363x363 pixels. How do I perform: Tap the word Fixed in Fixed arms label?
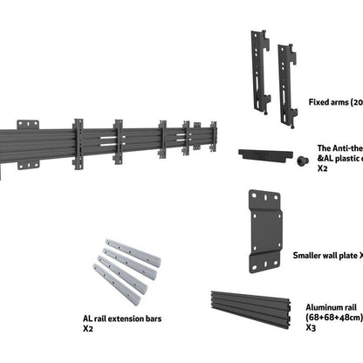[x=318, y=102]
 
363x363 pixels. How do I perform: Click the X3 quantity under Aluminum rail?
[x=311, y=330]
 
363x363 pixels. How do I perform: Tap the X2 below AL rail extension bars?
[x=88, y=331]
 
